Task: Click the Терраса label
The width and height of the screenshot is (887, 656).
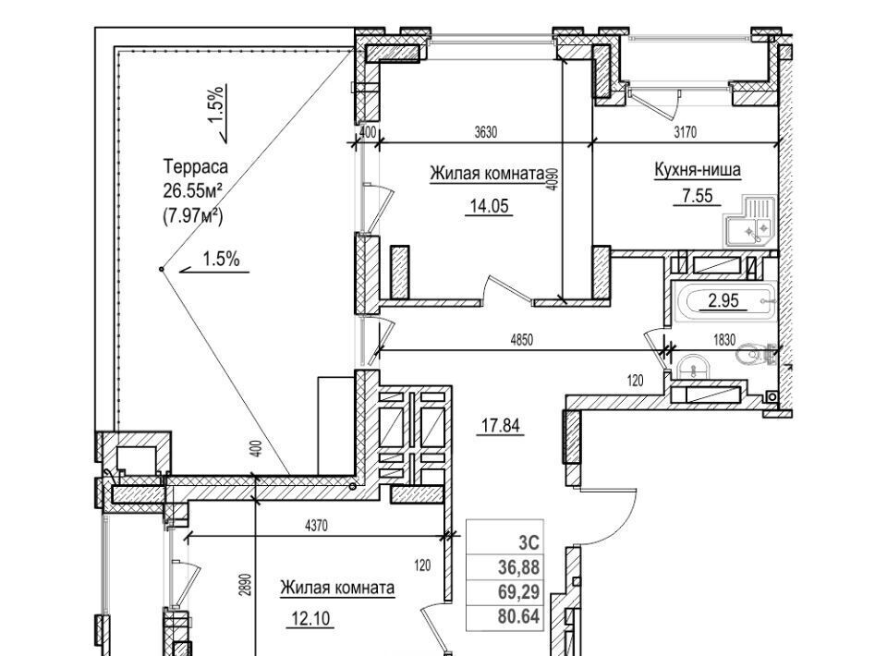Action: (x=195, y=167)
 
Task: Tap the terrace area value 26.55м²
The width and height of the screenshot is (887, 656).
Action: (x=195, y=190)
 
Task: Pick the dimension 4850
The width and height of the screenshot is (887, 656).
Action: (x=522, y=340)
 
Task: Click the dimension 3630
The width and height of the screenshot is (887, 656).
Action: (x=486, y=132)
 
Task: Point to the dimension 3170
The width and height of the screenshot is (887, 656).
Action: (x=684, y=132)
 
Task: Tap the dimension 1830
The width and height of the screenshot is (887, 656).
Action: (x=724, y=340)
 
